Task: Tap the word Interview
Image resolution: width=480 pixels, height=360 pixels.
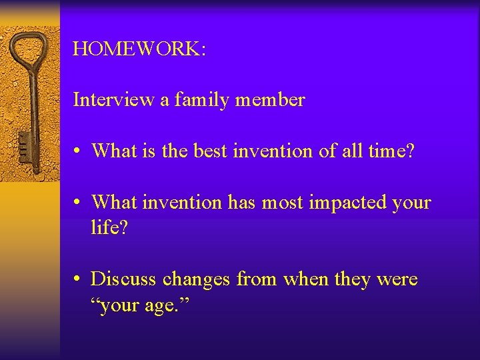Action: point(113,100)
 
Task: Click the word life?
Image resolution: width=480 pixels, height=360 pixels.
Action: point(109,228)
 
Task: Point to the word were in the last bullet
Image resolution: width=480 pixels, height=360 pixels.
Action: point(397,279)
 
